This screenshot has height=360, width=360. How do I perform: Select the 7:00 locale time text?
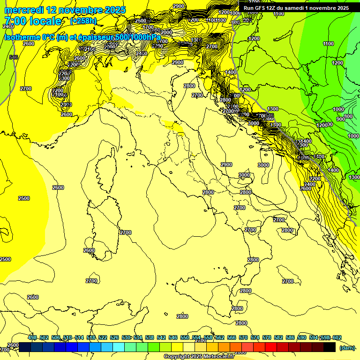pos(33,21)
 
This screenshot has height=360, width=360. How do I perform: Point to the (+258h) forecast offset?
pos(83,21)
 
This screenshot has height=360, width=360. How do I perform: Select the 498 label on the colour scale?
pos(32,337)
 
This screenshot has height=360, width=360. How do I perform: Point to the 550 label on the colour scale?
pos(185,337)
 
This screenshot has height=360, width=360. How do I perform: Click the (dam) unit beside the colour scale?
pos(347,347)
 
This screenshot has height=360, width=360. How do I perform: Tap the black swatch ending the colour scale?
pos(330,347)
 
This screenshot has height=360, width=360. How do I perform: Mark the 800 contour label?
pos(348,116)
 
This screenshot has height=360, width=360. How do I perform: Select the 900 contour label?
pos(341,119)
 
